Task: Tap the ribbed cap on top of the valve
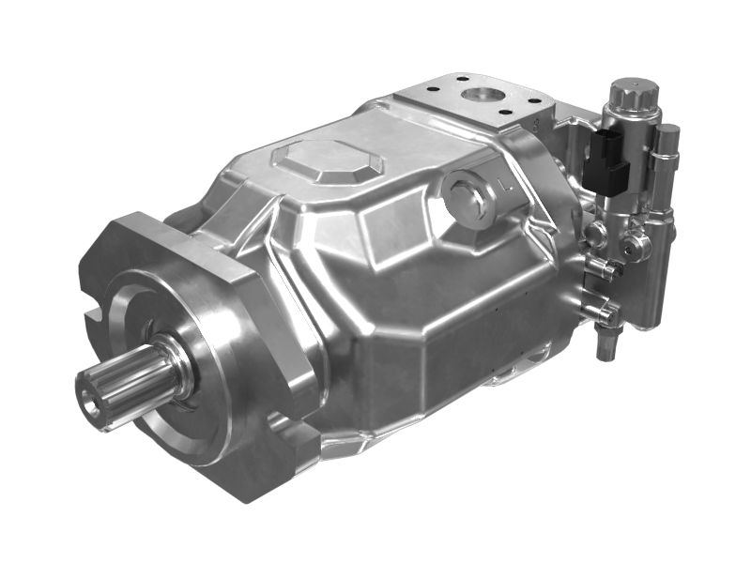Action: coord(634,95)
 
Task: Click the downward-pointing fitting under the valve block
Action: coord(605,346)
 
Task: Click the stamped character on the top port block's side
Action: coord(535,123)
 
